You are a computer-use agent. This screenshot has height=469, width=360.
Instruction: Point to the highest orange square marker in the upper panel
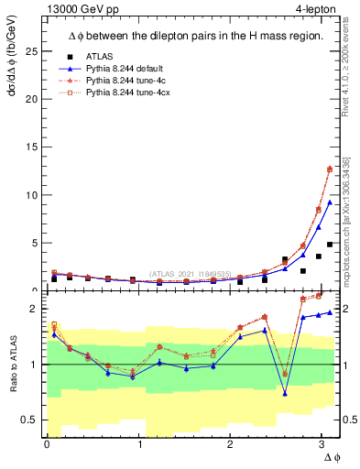click(x=330, y=169)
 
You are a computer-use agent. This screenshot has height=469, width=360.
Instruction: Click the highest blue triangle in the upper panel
click(x=330, y=202)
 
